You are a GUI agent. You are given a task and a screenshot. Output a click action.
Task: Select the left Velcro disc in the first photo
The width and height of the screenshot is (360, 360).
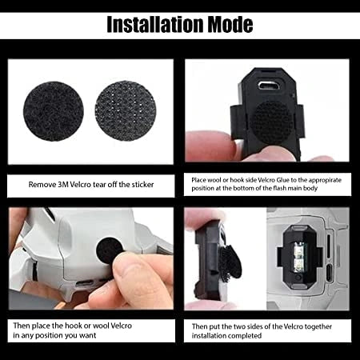pyautogui.click(x=53, y=111)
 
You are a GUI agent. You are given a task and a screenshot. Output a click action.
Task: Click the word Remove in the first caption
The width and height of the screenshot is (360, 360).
pyautogui.click(x=44, y=184)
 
